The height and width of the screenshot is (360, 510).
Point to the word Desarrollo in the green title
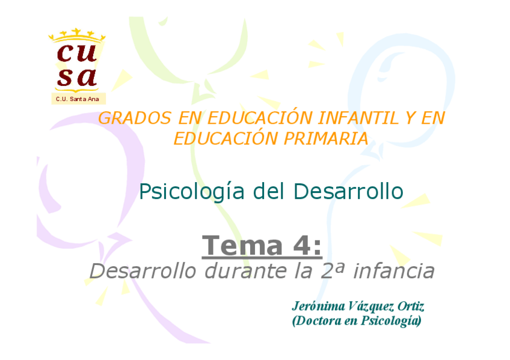(x=348, y=192)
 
